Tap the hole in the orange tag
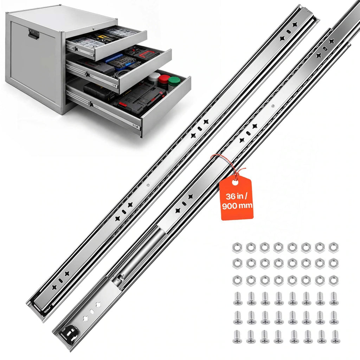[x=235, y=182]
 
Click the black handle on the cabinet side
[x=34, y=34]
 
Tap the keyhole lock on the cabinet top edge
[x=94, y=29]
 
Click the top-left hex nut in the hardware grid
[x=237, y=247]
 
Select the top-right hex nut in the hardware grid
[x=333, y=247]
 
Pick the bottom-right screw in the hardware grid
[x=335, y=337]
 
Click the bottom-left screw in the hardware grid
[x=238, y=337]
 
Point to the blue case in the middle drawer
[x=114, y=58]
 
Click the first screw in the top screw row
[x=238, y=298]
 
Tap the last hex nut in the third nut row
[x=333, y=281]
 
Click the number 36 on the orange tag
[x=230, y=197]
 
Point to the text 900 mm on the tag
[x=237, y=205]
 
